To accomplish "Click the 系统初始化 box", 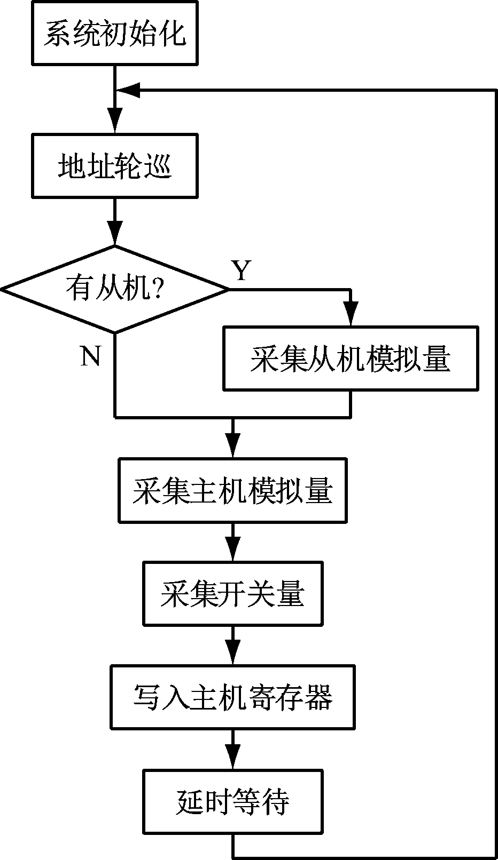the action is pyautogui.click(x=114, y=33).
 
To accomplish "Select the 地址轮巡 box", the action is pyautogui.click(x=114, y=166).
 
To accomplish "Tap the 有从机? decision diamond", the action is pyautogui.click(x=114, y=289).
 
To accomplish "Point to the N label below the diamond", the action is pyautogui.click(x=90, y=355).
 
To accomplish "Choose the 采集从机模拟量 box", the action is pyautogui.click(x=351, y=359).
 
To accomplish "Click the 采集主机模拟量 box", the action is pyautogui.click(x=232, y=490).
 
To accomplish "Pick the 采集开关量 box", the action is pyautogui.click(x=232, y=594).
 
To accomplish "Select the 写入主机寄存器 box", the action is pyautogui.click(x=232, y=697).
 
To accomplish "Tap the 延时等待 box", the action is pyautogui.click(x=232, y=801).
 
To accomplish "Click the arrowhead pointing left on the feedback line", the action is pyautogui.click(x=128, y=90).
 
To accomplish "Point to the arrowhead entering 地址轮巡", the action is pyautogui.click(x=114, y=121).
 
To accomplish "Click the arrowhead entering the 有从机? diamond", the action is pyautogui.click(x=114, y=233).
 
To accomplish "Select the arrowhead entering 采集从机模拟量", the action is pyautogui.click(x=351, y=314).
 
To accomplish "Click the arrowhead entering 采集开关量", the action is pyautogui.click(x=232, y=549).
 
